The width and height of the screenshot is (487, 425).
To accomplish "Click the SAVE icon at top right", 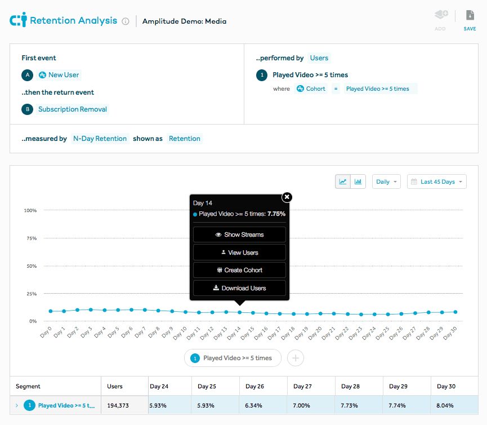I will [x=470, y=16].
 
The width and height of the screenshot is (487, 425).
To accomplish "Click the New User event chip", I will [x=59, y=75].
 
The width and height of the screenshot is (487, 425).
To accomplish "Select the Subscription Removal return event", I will [x=72, y=109].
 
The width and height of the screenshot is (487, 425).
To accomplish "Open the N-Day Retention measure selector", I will [x=100, y=139].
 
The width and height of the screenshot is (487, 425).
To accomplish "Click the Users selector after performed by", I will [x=319, y=58].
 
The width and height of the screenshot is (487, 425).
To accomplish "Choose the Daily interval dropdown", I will [x=386, y=181].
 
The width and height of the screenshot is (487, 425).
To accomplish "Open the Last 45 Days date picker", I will [x=437, y=181].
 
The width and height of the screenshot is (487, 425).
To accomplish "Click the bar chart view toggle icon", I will [x=359, y=181].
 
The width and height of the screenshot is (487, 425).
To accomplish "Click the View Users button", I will [x=239, y=253].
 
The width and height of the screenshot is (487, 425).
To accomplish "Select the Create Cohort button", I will [x=239, y=270].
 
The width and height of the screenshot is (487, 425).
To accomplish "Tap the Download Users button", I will [x=239, y=288].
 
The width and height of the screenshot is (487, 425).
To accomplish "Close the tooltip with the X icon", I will [x=287, y=197].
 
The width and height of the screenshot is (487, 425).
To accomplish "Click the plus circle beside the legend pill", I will [x=296, y=358].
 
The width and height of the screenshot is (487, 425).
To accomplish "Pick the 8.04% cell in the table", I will [x=445, y=405].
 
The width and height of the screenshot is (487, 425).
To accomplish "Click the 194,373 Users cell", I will [x=118, y=405].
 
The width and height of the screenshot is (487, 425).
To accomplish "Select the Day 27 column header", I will [x=302, y=387].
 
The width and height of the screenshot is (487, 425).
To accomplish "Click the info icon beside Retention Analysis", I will [x=126, y=21].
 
